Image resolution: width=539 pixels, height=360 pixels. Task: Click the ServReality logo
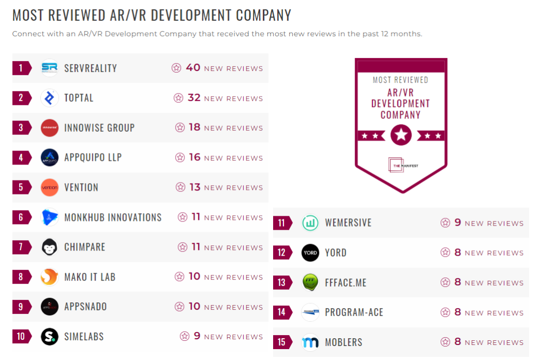coord(50,68)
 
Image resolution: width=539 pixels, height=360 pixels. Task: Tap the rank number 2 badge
coord(21,98)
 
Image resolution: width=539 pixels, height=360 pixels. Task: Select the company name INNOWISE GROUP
coord(100,128)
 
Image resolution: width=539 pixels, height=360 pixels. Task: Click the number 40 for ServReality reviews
coord(193,68)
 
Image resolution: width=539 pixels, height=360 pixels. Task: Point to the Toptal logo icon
coord(50,98)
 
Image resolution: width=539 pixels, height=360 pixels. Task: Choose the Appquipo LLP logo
coord(50,158)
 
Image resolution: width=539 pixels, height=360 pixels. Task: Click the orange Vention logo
coord(50,187)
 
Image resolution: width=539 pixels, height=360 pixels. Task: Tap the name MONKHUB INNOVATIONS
coord(113,217)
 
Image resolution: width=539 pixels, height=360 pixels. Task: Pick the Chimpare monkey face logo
coord(50,247)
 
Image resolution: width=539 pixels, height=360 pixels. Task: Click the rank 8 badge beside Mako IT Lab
coord(21,277)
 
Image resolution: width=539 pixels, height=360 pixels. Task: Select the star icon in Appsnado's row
coord(180,307)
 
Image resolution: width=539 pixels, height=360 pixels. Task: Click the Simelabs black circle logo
coord(50,337)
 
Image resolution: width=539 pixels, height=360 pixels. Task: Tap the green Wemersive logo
coord(310,223)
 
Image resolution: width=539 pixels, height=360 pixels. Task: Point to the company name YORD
coord(336,253)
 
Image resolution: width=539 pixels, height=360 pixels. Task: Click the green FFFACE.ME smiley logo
coord(310,283)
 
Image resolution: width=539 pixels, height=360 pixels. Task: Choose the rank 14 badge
coord(282,312)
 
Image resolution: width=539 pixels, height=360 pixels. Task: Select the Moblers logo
coord(310,342)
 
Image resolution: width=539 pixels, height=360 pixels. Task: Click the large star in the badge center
coord(401,135)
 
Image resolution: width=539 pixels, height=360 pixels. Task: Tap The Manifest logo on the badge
coord(401,164)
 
